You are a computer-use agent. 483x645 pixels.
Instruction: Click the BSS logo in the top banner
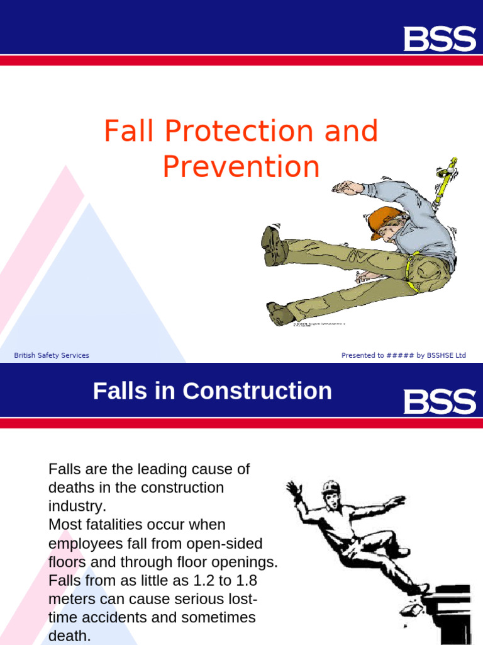(x=439, y=38)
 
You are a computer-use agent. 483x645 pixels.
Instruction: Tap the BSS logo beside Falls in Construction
(x=439, y=401)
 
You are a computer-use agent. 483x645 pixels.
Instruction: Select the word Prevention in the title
(x=241, y=167)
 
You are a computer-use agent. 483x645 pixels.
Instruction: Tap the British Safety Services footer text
(x=52, y=355)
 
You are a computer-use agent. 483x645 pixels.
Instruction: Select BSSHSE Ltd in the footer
(x=447, y=355)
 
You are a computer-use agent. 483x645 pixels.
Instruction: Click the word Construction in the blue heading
(x=257, y=391)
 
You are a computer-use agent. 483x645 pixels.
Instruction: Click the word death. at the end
(x=69, y=636)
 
